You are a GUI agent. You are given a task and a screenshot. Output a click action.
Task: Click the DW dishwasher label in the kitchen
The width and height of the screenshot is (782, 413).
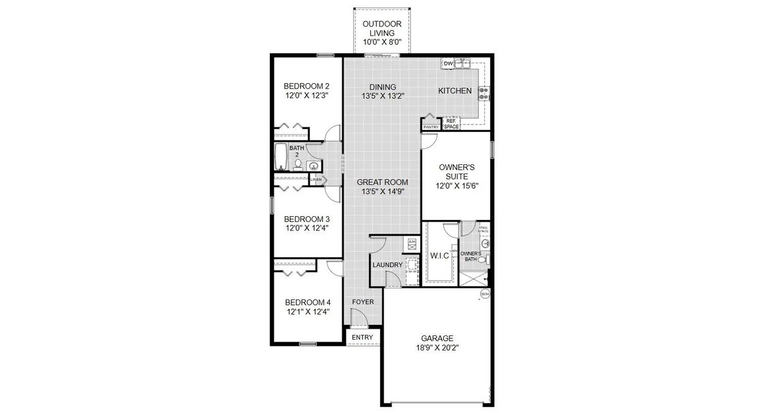click(448, 64)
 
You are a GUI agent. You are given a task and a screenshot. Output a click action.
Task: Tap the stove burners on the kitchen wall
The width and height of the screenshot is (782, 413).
click(484, 93)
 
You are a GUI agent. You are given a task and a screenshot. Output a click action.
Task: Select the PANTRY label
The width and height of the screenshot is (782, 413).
click(431, 127)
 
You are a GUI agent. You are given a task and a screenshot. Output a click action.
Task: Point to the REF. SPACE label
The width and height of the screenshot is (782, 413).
click(451, 123)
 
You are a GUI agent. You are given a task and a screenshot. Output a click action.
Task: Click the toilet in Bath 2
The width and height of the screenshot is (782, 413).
click(298, 164)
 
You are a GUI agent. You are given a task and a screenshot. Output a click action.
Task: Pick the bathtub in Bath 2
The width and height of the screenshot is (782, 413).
click(280, 156)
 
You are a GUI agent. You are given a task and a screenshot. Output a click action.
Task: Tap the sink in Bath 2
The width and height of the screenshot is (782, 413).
click(314, 166)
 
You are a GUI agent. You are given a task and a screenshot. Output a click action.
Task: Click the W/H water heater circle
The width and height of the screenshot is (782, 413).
click(484, 294)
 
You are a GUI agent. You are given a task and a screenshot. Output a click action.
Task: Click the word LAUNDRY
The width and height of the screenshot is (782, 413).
click(387, 265)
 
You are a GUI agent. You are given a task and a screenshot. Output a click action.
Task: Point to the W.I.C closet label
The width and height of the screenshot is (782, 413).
click(439, 256)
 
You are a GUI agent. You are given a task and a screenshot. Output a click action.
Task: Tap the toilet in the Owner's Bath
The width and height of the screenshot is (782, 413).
click(482, 260)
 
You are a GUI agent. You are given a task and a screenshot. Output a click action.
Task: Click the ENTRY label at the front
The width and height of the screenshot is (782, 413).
click(362, 337)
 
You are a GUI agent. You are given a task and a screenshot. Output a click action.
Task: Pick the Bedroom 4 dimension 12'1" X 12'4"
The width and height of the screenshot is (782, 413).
click(307, 312)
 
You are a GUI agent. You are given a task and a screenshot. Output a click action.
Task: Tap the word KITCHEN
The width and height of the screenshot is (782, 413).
click(455, 91)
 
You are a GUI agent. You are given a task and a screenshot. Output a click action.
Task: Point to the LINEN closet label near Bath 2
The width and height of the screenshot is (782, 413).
click(316, 180)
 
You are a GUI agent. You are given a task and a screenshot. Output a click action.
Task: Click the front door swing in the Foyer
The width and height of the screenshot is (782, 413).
click(357, 318)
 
